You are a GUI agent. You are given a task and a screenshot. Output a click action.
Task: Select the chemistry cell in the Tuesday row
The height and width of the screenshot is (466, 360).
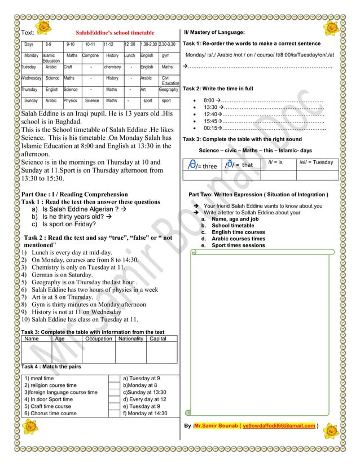112,67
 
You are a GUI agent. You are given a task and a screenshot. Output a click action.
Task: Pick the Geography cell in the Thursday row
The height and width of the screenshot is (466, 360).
168,89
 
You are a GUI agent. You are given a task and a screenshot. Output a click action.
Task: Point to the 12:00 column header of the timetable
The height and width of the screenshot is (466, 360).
130,44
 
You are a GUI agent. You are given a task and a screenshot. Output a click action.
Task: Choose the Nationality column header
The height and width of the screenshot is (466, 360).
130,339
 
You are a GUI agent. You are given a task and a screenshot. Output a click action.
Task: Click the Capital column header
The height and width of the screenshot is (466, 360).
157,339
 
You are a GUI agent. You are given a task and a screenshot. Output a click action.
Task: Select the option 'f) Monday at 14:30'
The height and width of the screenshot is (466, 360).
145,413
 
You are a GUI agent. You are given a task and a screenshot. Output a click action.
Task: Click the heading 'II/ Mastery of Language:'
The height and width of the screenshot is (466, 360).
215,33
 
